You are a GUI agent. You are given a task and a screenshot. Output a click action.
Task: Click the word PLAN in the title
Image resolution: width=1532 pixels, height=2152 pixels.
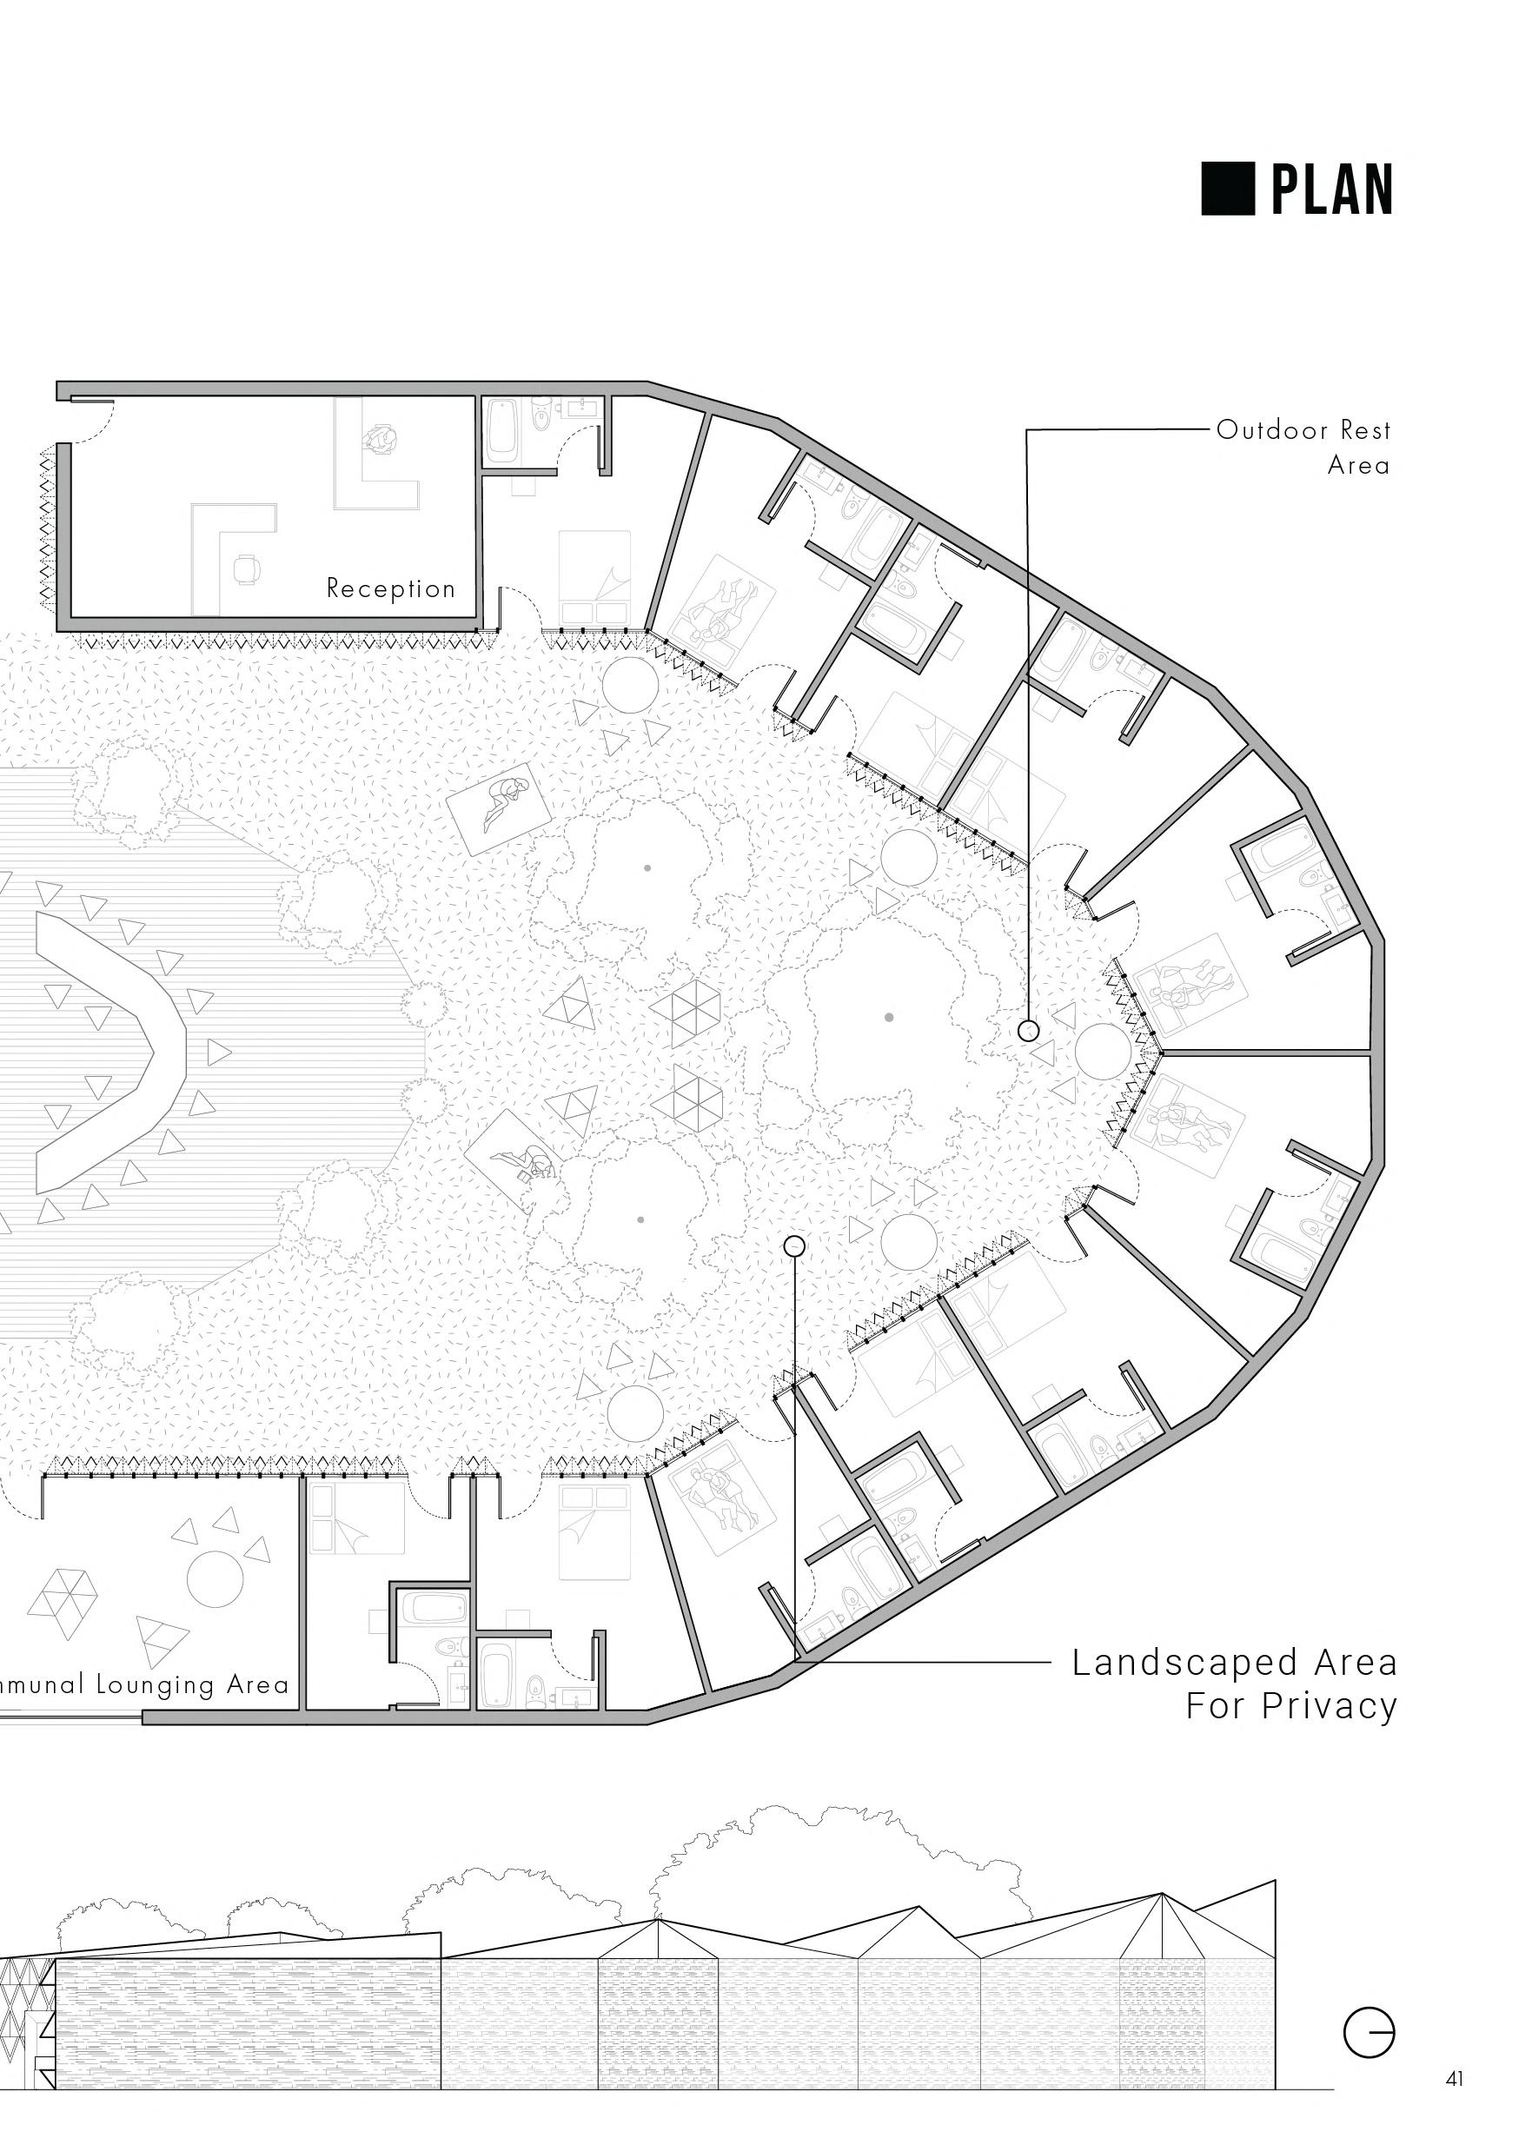pos(1331,189)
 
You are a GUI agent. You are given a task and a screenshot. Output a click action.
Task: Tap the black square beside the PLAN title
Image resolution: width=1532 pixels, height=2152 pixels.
pos(1227,189)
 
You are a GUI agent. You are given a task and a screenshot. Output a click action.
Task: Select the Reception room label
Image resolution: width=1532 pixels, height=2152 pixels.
pos(390,588)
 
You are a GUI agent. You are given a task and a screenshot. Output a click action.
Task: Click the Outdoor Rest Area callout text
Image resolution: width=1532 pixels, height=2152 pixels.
pos(1303,448)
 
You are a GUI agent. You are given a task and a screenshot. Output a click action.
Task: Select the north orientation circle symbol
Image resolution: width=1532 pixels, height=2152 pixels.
pos(1369,2030)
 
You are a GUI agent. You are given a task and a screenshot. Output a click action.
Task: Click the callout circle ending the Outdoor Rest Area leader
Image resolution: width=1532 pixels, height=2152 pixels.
pos(1028,1030)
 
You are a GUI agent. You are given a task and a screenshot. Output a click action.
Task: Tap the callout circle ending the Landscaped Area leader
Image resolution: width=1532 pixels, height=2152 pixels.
pos(794,1246)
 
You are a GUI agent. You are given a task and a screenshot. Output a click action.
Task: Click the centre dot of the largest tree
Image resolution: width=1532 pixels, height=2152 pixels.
pos(890,1017)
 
